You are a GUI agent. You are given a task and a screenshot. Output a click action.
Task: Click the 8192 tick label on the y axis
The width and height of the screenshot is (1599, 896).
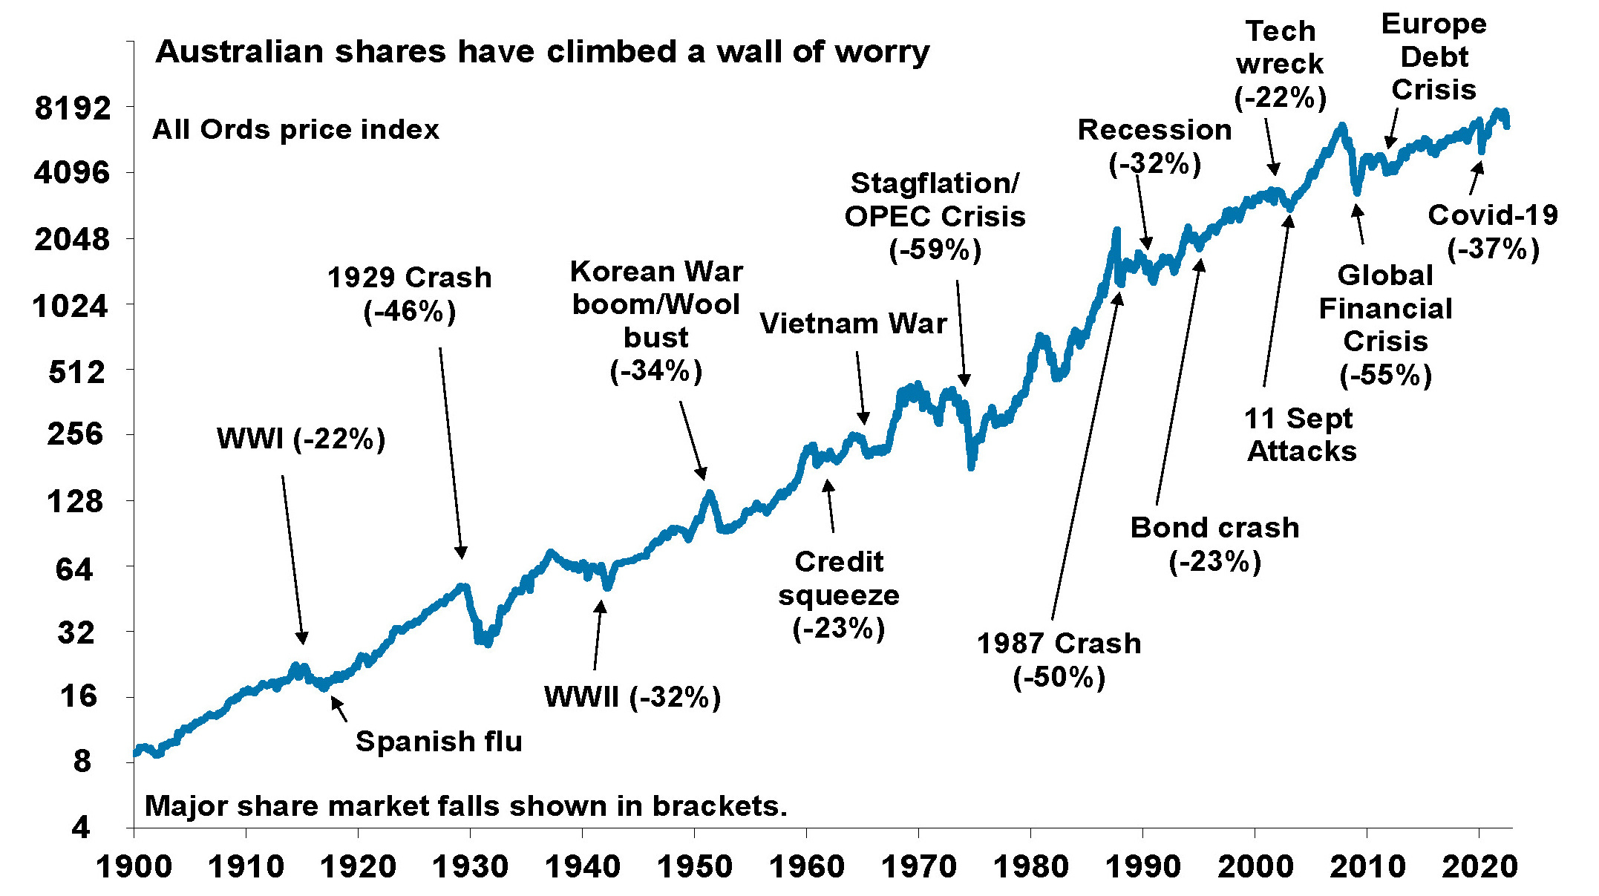coord(72,108)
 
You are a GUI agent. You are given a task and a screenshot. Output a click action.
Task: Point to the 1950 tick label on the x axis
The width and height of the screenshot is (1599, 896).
coord(693,866)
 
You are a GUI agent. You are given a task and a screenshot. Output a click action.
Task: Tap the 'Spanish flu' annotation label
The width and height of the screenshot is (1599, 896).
coord(439,741)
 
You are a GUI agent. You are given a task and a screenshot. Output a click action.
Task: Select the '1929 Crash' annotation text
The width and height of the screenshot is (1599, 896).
coord(409,278)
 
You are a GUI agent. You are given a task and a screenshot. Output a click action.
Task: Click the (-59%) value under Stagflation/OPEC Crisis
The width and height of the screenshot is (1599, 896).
coord(935,249)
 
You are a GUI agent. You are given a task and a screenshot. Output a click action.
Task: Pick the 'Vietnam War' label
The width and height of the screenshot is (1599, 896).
coord(853,324)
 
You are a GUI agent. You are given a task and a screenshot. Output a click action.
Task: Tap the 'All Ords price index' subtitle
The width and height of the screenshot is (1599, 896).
coord(295,130)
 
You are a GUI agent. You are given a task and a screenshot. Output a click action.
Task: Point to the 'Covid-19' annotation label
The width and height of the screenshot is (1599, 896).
coord(1492,215)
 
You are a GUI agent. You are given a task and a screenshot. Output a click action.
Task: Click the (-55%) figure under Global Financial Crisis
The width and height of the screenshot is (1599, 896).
coord(1385,374)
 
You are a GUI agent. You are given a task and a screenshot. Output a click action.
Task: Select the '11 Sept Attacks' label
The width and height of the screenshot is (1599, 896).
coord(1301,435)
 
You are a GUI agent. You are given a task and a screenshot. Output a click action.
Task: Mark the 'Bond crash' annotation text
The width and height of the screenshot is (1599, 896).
coord(1214,528)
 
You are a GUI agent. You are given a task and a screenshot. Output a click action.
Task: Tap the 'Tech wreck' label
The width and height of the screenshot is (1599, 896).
coord(1280,48)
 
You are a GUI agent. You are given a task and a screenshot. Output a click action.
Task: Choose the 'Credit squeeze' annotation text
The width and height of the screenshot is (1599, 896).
coord(839,578)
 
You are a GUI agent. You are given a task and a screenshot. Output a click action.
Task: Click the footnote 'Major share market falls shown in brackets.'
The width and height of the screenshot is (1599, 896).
coord(465,806)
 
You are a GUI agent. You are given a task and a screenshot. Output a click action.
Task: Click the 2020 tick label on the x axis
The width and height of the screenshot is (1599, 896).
coord(1479,866)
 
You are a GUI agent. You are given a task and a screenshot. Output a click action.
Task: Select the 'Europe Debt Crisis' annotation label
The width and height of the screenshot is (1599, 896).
coord(1433,57)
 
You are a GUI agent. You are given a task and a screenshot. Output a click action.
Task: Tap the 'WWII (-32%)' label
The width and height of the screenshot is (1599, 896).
coord(632,697)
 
